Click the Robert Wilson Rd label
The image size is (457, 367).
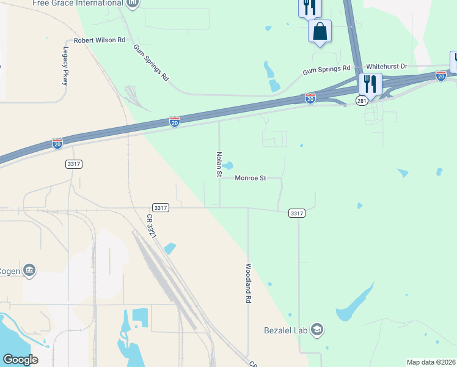pos(100,40)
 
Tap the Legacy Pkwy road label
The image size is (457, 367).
pos(65,67)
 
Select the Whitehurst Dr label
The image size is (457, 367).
pos(386,66)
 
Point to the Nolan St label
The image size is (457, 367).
pos(218,165)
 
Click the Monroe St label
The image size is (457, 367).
pos(250,178)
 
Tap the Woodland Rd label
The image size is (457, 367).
pos(249,284)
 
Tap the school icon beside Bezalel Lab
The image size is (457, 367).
pos(317,330)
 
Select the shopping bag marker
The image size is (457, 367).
pos(320,31)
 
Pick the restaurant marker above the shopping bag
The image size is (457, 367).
pos(309,7)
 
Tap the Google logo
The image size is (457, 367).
pos(20,360)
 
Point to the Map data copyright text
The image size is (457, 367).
pos(431,362)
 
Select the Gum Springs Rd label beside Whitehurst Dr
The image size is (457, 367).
pos(327,70)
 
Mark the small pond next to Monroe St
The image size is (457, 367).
pos(228,166)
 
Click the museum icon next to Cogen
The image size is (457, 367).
pos(29,270)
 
